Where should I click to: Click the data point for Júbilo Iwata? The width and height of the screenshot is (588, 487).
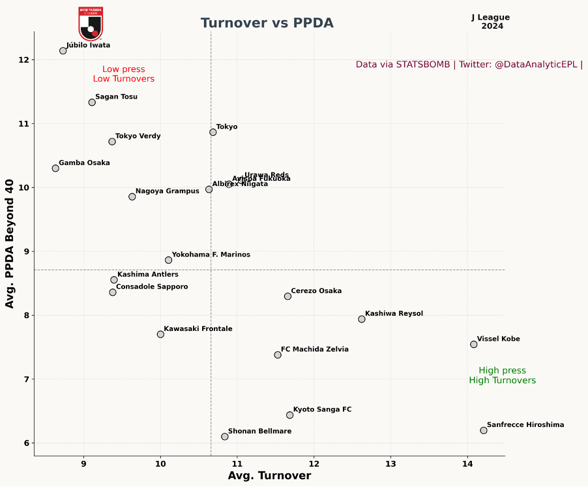[63, 51]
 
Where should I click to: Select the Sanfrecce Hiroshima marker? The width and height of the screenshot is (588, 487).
[484, 430]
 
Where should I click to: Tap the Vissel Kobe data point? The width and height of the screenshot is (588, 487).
[474, 345]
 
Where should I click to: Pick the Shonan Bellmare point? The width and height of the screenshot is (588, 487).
[225, 437]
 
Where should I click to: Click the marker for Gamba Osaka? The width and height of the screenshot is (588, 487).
[55, 168]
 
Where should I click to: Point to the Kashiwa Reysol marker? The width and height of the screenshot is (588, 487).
[362, 319]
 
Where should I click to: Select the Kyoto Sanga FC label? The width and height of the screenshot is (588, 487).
[322, 410]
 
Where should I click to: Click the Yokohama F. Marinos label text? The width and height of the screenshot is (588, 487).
[211, 255]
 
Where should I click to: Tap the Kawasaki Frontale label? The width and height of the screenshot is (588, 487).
[198, 329]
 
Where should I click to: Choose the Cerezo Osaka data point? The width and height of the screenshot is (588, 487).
[287, 296]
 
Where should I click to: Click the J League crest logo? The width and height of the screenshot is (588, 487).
[91, 24]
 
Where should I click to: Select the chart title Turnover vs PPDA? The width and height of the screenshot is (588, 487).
[267, 24]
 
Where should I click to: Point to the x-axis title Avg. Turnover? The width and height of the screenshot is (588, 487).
[269, 476]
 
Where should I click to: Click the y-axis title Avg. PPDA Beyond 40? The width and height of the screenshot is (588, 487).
[10, 243]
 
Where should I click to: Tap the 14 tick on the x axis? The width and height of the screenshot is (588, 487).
[467, 465]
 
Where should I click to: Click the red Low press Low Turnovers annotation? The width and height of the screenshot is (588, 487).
[124, 74]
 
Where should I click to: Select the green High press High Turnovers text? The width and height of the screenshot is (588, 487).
[502, 375]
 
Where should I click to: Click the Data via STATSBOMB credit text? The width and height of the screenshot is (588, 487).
[469, 65]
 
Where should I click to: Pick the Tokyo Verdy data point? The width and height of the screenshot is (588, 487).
[112, 142]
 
